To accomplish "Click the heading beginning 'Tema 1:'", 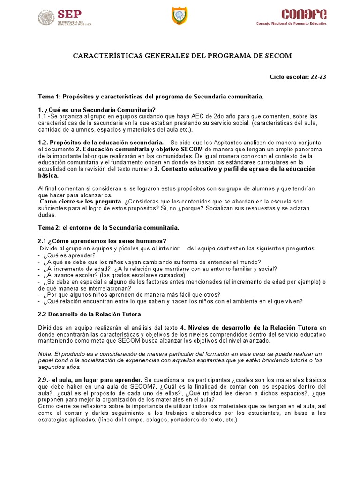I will point(150,96).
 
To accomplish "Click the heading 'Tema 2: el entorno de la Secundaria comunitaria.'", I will point(108,228).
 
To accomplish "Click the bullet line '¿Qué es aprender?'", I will point(69,255).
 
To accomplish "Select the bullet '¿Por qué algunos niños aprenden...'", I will point(131,295).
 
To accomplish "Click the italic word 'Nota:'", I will point(45,353).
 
